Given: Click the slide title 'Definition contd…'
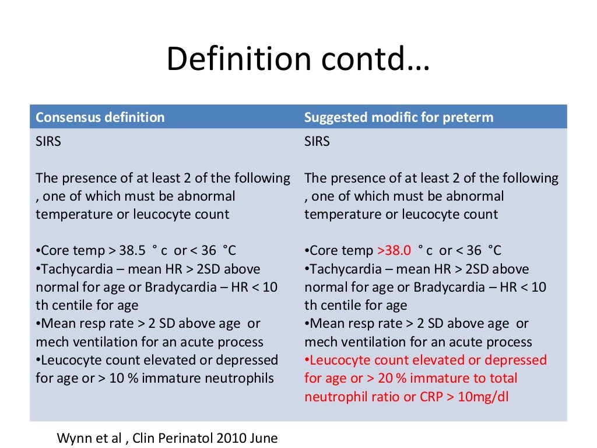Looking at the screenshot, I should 298,60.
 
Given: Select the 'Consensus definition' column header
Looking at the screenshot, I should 100,117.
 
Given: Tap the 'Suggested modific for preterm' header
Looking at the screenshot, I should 399,117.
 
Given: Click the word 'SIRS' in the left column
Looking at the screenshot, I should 48,142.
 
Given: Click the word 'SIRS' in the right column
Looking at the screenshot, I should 317,142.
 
